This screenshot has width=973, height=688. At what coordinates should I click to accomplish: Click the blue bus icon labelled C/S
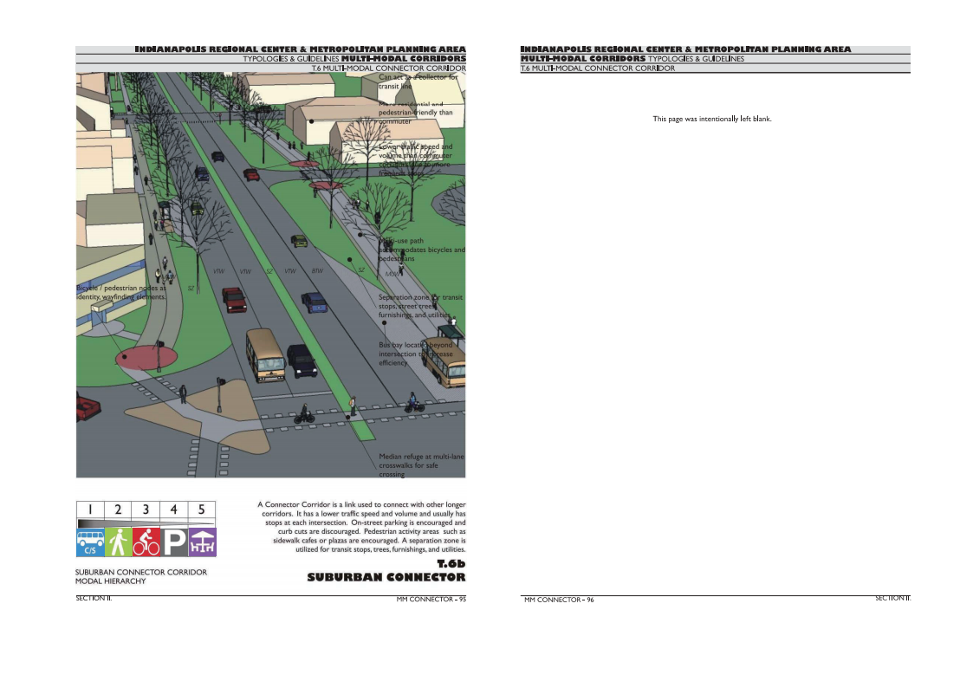point(90,542)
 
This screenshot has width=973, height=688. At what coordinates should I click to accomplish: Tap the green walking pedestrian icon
point(118,542)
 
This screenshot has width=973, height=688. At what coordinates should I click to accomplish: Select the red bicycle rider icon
point(146,542)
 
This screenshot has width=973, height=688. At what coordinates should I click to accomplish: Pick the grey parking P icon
point(174,542)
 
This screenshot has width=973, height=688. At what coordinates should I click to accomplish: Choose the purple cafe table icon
point(202,542)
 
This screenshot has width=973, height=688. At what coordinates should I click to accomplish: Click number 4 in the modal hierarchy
point(174,510)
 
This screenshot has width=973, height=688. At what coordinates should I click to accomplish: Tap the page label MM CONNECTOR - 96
point(559,600)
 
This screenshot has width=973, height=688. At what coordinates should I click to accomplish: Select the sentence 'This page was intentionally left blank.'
point(711,119)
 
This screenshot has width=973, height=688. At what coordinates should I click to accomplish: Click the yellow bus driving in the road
point(266,354)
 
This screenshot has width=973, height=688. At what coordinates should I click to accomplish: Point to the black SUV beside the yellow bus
point(302,360)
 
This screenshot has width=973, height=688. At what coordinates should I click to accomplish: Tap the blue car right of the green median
point(315,302)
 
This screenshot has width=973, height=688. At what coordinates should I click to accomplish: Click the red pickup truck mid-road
point(234,299)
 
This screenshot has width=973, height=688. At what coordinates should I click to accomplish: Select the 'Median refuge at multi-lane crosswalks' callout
point(413,465)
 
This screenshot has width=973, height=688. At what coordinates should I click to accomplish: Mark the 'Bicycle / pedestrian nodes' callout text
point(120,292)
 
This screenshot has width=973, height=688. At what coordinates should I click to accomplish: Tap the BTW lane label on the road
point(317,271)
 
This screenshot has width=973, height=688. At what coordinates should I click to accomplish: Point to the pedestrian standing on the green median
point(353,405)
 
